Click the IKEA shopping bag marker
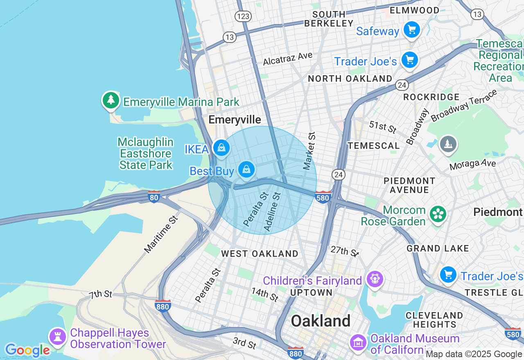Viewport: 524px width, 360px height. click(x=221, y=148)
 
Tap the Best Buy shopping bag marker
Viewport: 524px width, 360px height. click(x=246, y=169)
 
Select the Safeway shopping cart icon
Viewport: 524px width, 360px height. click(x=412, y=30)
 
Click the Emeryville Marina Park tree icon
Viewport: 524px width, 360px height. click(x=110, y=100)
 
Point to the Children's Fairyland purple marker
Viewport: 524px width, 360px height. click(x=375, y=279)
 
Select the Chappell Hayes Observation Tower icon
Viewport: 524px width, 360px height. click(x=57, y=337)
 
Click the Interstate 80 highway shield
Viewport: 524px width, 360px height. click(x=154, y=197)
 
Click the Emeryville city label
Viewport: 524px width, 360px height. click(x=235, y=119)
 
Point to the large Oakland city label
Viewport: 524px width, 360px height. click(x=321, y=321)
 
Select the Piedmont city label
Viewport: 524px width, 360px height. click(x=498, y=212)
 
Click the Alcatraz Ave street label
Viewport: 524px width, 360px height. click(x=287, y=59)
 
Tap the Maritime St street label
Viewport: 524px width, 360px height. click(x=162, y=234)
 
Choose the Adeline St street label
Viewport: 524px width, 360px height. click(x=272, y=211)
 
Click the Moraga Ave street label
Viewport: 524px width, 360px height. click(x=472, y=164)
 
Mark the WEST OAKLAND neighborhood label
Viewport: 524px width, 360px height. click(x=260, y=254)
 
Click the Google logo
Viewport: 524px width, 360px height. click(x=27, y=350)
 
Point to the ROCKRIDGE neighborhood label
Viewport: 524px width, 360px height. click(x=431, y=97)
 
